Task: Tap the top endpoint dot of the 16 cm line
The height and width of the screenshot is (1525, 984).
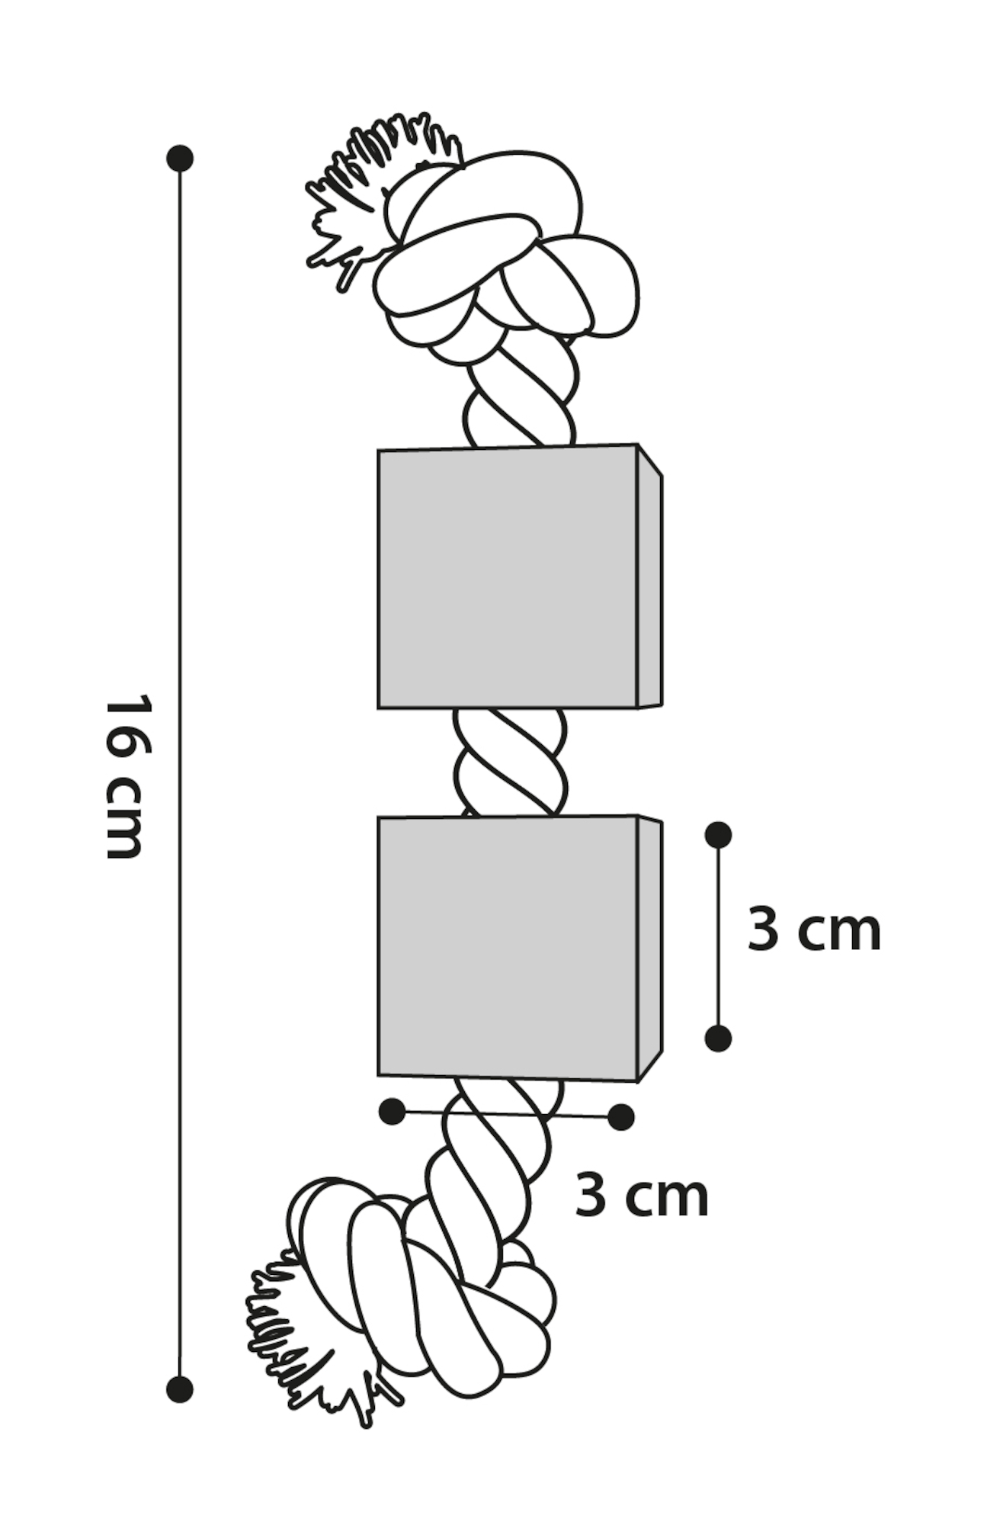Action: (x=180, y=159)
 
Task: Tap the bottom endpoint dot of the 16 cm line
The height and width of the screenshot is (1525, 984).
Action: (x=180, y=1389)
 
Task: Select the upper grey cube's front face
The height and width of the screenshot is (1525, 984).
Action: (x=507, y=577)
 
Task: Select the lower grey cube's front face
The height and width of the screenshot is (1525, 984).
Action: (x=507, y=948)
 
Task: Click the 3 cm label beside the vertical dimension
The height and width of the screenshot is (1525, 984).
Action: (x=813, y=930)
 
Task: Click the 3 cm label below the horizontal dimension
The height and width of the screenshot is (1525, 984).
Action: (x=641, y=1196)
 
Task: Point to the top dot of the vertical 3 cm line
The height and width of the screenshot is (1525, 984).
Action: (x=718, y=835)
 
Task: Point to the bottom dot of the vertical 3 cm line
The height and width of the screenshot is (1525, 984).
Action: (x=718, y=1039)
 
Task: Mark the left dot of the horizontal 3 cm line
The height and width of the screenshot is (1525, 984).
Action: (x=392, y=1112)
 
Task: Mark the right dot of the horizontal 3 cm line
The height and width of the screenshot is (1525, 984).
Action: (x=621, y=1118)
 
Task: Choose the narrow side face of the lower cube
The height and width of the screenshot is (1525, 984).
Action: (x=649, y=948)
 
